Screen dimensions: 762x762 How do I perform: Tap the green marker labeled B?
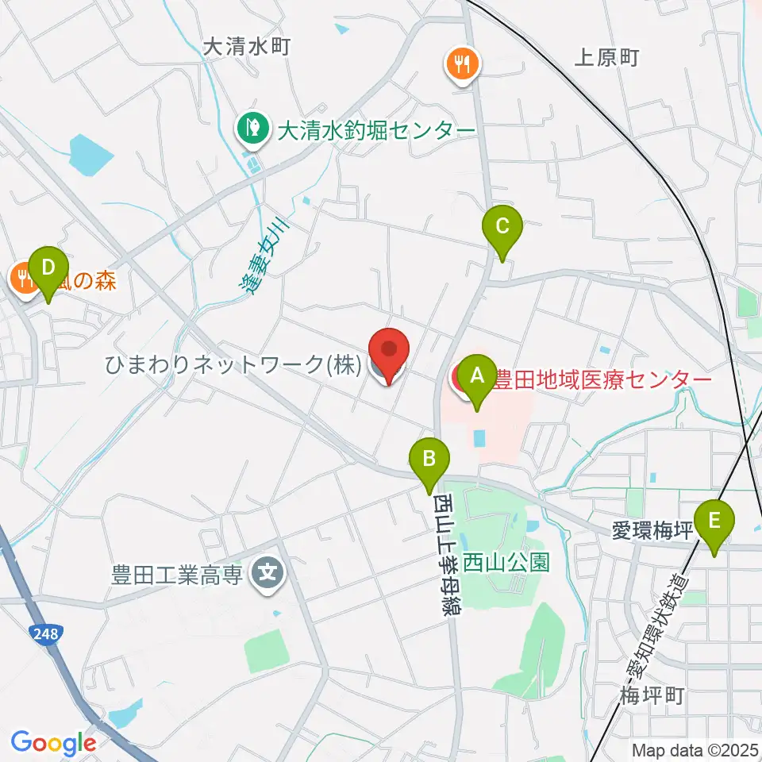(429, 459)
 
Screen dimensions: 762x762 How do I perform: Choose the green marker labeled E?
(714, 522)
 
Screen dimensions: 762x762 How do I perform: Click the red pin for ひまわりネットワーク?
(389, 352)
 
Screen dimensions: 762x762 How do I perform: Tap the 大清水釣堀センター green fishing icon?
(252, 127)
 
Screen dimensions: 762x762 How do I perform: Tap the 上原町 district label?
(606, 57)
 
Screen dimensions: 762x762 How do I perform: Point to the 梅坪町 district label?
(652, 696)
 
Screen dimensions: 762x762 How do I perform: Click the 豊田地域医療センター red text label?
(600, 379)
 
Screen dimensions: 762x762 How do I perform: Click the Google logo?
(53, 742)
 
